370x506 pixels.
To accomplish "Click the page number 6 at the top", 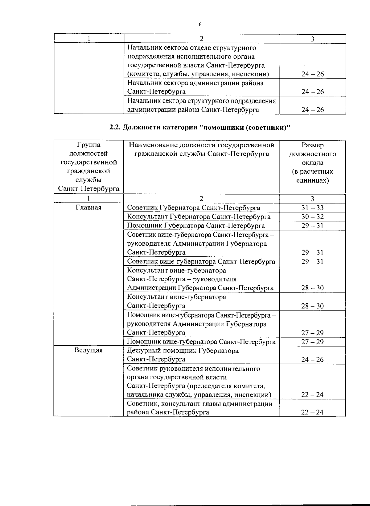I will coord(200,24).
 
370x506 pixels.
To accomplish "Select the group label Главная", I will coord(88,208).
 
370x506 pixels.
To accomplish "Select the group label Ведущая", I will coord(88,350).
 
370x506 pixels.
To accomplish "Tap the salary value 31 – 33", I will coord(312,208).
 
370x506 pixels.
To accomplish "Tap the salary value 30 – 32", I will coord(312,217).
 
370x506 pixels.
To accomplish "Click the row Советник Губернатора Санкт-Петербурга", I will coord(194,208).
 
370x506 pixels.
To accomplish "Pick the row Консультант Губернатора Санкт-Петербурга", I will coord(199,217).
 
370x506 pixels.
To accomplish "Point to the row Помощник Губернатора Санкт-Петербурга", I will coord(196,226).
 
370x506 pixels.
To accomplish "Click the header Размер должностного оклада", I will coord(312,162).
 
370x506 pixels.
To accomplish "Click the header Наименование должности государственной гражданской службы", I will coord(201,150).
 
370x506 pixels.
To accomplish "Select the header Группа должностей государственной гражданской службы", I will coord(88,167).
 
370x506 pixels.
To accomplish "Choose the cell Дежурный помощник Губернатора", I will coord(183,355).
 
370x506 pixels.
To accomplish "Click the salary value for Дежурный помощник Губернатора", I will coord(312,360).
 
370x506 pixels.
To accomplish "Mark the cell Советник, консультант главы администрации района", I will coord(200,408).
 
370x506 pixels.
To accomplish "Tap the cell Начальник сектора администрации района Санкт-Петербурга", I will coord(195,87).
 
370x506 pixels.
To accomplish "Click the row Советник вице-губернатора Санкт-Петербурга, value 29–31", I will coord(201,262).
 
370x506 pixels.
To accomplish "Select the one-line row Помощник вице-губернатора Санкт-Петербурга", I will coord(201,342).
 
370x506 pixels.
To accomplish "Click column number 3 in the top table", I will coord(313,39).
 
